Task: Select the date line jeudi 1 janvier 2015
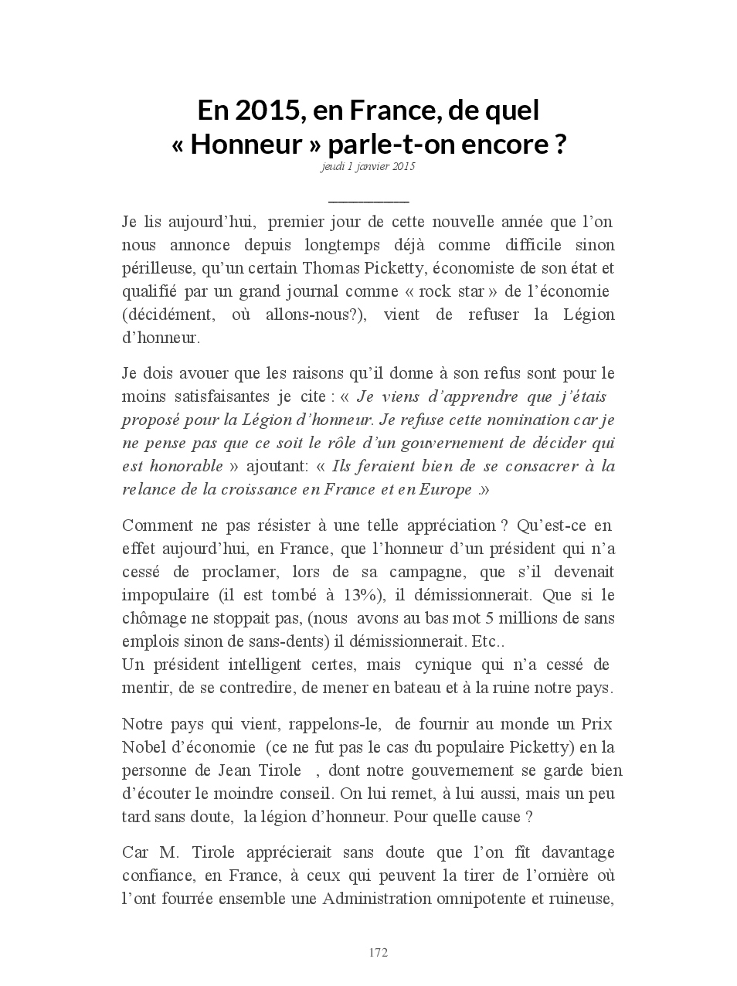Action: [x=368, y=166]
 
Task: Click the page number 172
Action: [x=378, y=952]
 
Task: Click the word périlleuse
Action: [x=158, y=268]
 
